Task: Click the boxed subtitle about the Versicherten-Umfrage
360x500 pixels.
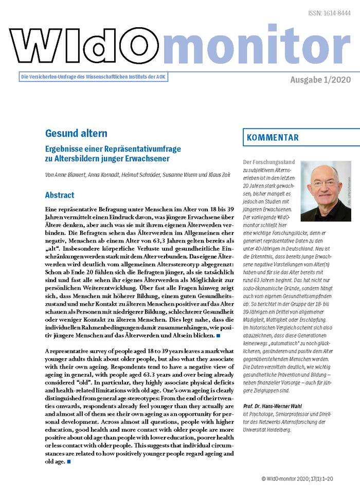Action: tap(93, 77)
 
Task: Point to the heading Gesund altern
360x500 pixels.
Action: tap(76, 134)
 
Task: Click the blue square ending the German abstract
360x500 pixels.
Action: tap(218, 336)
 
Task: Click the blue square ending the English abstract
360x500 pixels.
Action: tap(69, 461)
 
